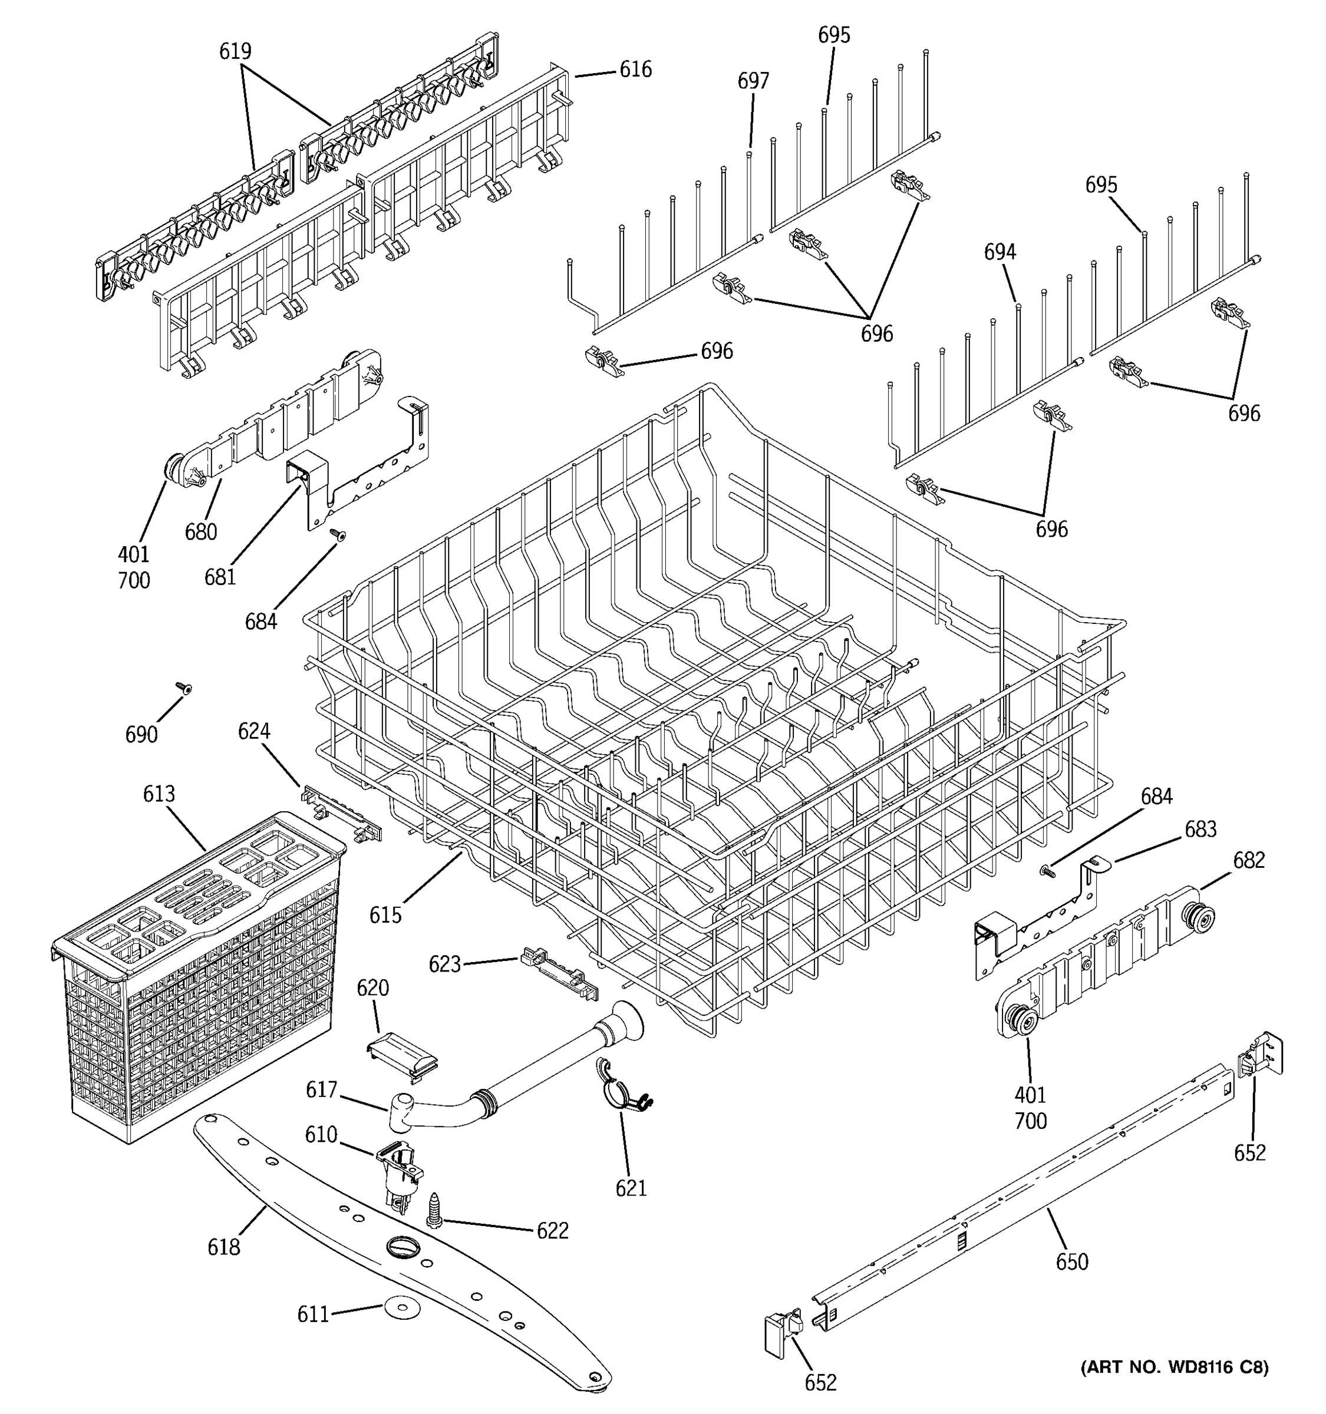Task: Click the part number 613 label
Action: (x=159, y=794)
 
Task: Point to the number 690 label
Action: (x=141, y=734)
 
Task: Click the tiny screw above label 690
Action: (x=183, y=687)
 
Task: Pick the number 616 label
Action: (x=635, y=69)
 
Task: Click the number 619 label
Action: (x=235, y=51)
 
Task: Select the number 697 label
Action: (x=753, y=81)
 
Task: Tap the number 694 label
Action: (x=1000, y=252)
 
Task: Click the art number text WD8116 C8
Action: (x=1174, y=1366)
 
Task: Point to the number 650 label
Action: (x=1071, y=1262)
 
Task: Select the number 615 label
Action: (x=385, y=915)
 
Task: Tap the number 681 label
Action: (x=220, y=577)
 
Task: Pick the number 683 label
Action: (x=1200, y=830)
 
